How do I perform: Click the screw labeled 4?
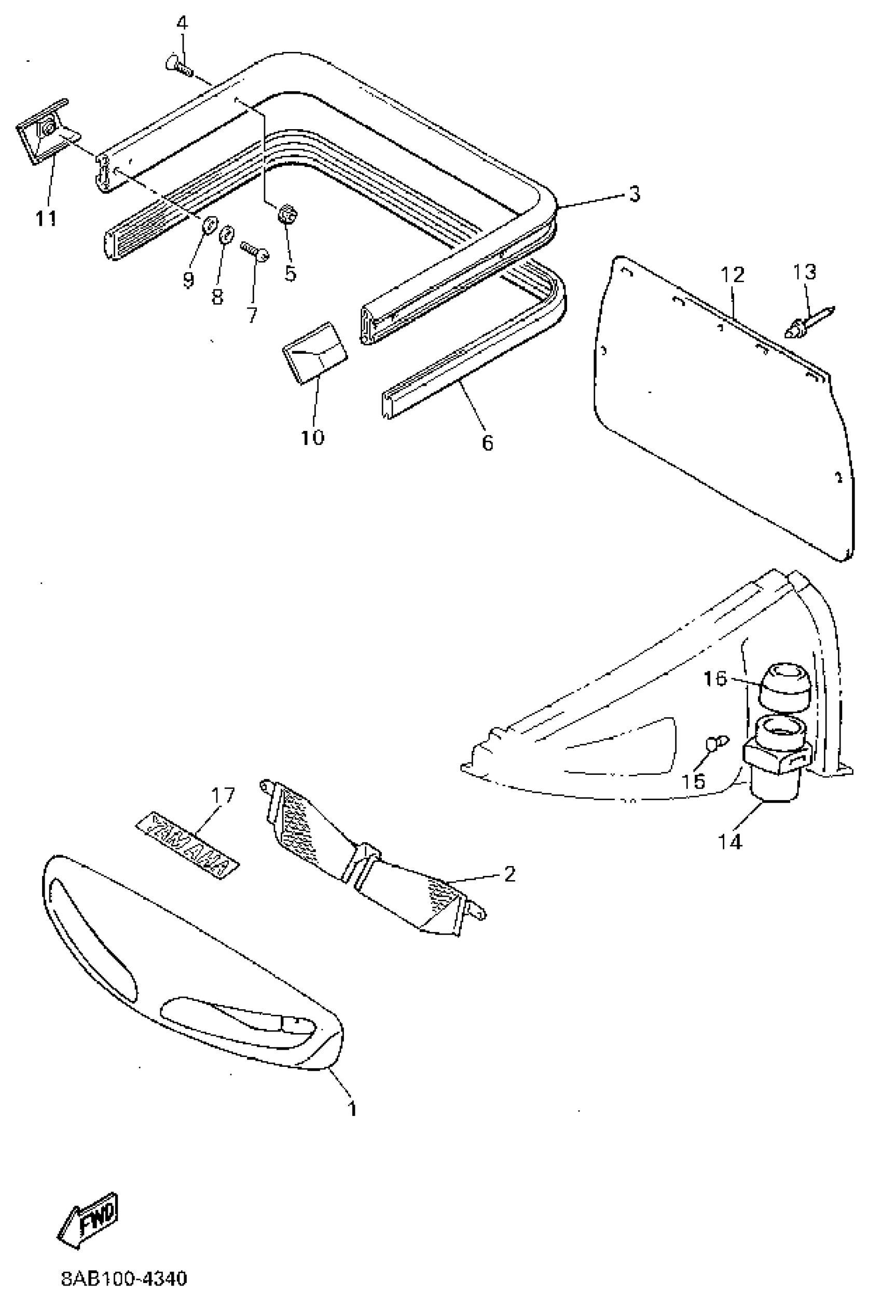click(178, 66)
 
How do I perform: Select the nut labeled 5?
click(287, 214)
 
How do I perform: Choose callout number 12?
click(733, 274)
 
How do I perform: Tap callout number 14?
click(729, 841)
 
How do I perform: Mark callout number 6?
click(487, 442)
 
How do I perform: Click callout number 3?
click(633, 195)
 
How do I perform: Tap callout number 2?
click(508, 874)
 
